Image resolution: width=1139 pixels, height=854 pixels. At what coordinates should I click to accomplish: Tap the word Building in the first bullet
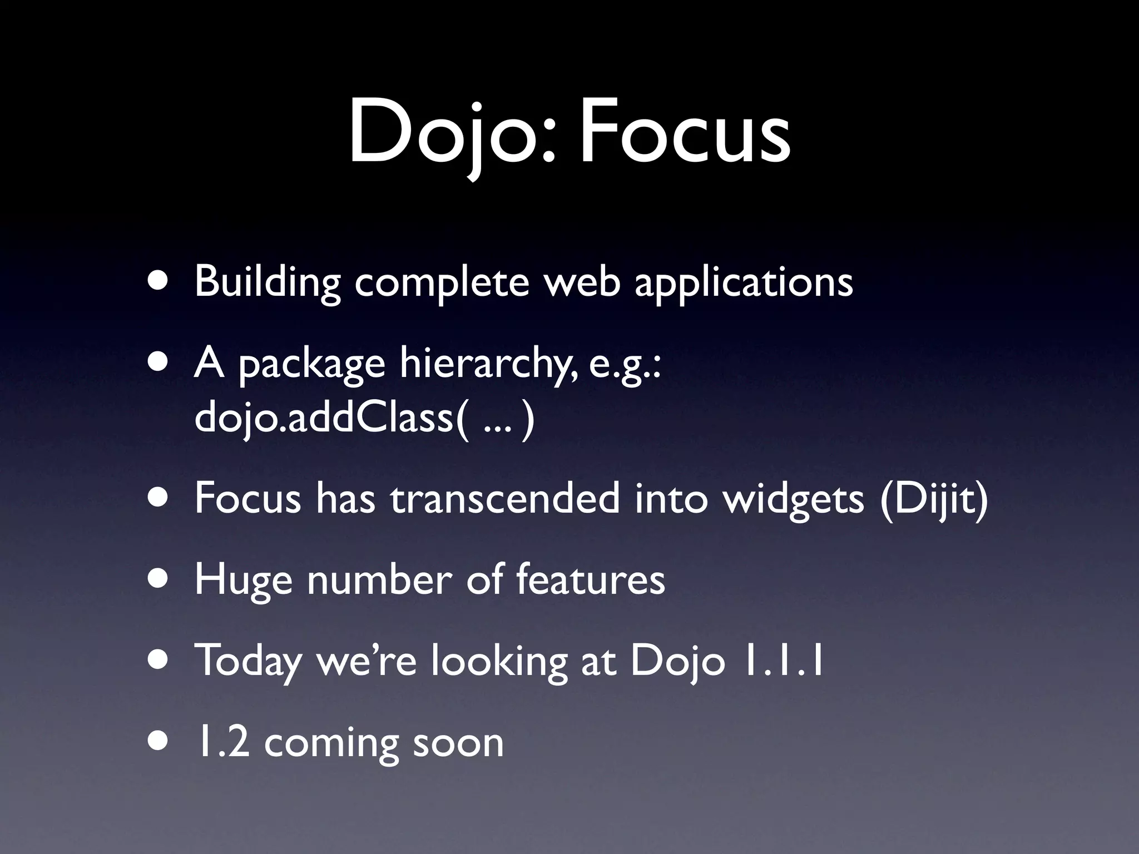point(267,282)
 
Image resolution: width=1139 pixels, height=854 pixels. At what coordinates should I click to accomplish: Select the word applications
point(743,282)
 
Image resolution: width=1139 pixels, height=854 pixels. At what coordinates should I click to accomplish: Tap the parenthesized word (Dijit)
point(934,498)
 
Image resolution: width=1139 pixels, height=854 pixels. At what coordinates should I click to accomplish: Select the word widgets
point(793,498)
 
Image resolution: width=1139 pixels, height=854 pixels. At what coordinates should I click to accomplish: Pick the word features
point(590,579)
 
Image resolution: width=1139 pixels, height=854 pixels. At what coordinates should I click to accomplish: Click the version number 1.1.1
point(784,661)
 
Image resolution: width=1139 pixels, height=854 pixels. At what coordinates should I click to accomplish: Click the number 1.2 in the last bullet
point(221,742)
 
